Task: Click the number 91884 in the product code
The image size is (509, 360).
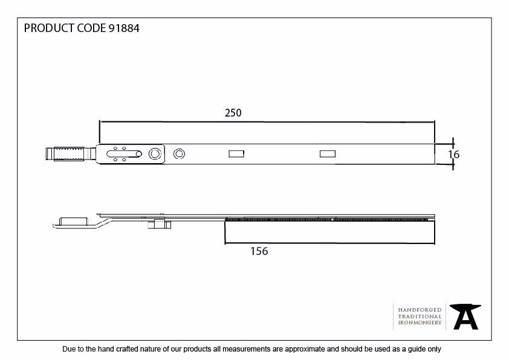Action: [124, 28]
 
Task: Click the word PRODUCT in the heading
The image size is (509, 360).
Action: [49, 28]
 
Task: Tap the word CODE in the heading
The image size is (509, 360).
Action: [91, 28]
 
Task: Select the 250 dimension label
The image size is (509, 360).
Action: [233, 113]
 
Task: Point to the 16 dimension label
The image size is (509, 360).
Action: [454, 155]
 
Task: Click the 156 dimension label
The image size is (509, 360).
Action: [259, 251]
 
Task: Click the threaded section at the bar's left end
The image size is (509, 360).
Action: [70, 154]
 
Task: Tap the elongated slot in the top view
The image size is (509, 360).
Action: [124, 154]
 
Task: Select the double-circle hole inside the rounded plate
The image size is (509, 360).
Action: [155, 154]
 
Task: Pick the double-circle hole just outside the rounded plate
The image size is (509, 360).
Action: [179, 154]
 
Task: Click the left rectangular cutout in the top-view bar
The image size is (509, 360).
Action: [236, 154]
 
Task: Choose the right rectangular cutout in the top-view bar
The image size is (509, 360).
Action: [328, 154]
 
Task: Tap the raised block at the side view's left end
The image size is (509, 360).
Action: [74, 222]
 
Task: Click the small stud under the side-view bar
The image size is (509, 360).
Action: [159, 224]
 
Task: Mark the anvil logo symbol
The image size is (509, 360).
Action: [465, 317]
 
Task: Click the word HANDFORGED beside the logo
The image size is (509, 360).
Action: [420, 310]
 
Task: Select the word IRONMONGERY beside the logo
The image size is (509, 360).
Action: [420, 323]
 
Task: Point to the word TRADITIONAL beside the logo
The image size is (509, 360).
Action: [420, 317]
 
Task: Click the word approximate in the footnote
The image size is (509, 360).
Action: [305, 349]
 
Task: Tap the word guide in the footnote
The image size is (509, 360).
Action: [417, 349]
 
